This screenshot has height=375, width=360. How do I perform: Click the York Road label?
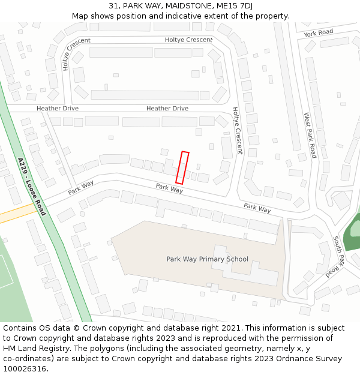(318, 32)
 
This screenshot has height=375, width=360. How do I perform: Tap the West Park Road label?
(310, 135)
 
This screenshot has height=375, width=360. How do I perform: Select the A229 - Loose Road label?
(32, 187)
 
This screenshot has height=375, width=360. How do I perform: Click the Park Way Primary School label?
(207, 259)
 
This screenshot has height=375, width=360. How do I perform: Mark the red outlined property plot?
(182, 167)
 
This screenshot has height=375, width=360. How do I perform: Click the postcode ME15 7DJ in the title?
(232, 6)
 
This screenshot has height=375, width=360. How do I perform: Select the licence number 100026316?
(25, 368)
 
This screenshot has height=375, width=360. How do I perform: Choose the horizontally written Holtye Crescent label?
(188, 40)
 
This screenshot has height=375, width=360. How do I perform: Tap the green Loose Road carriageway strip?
(63, 252)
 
